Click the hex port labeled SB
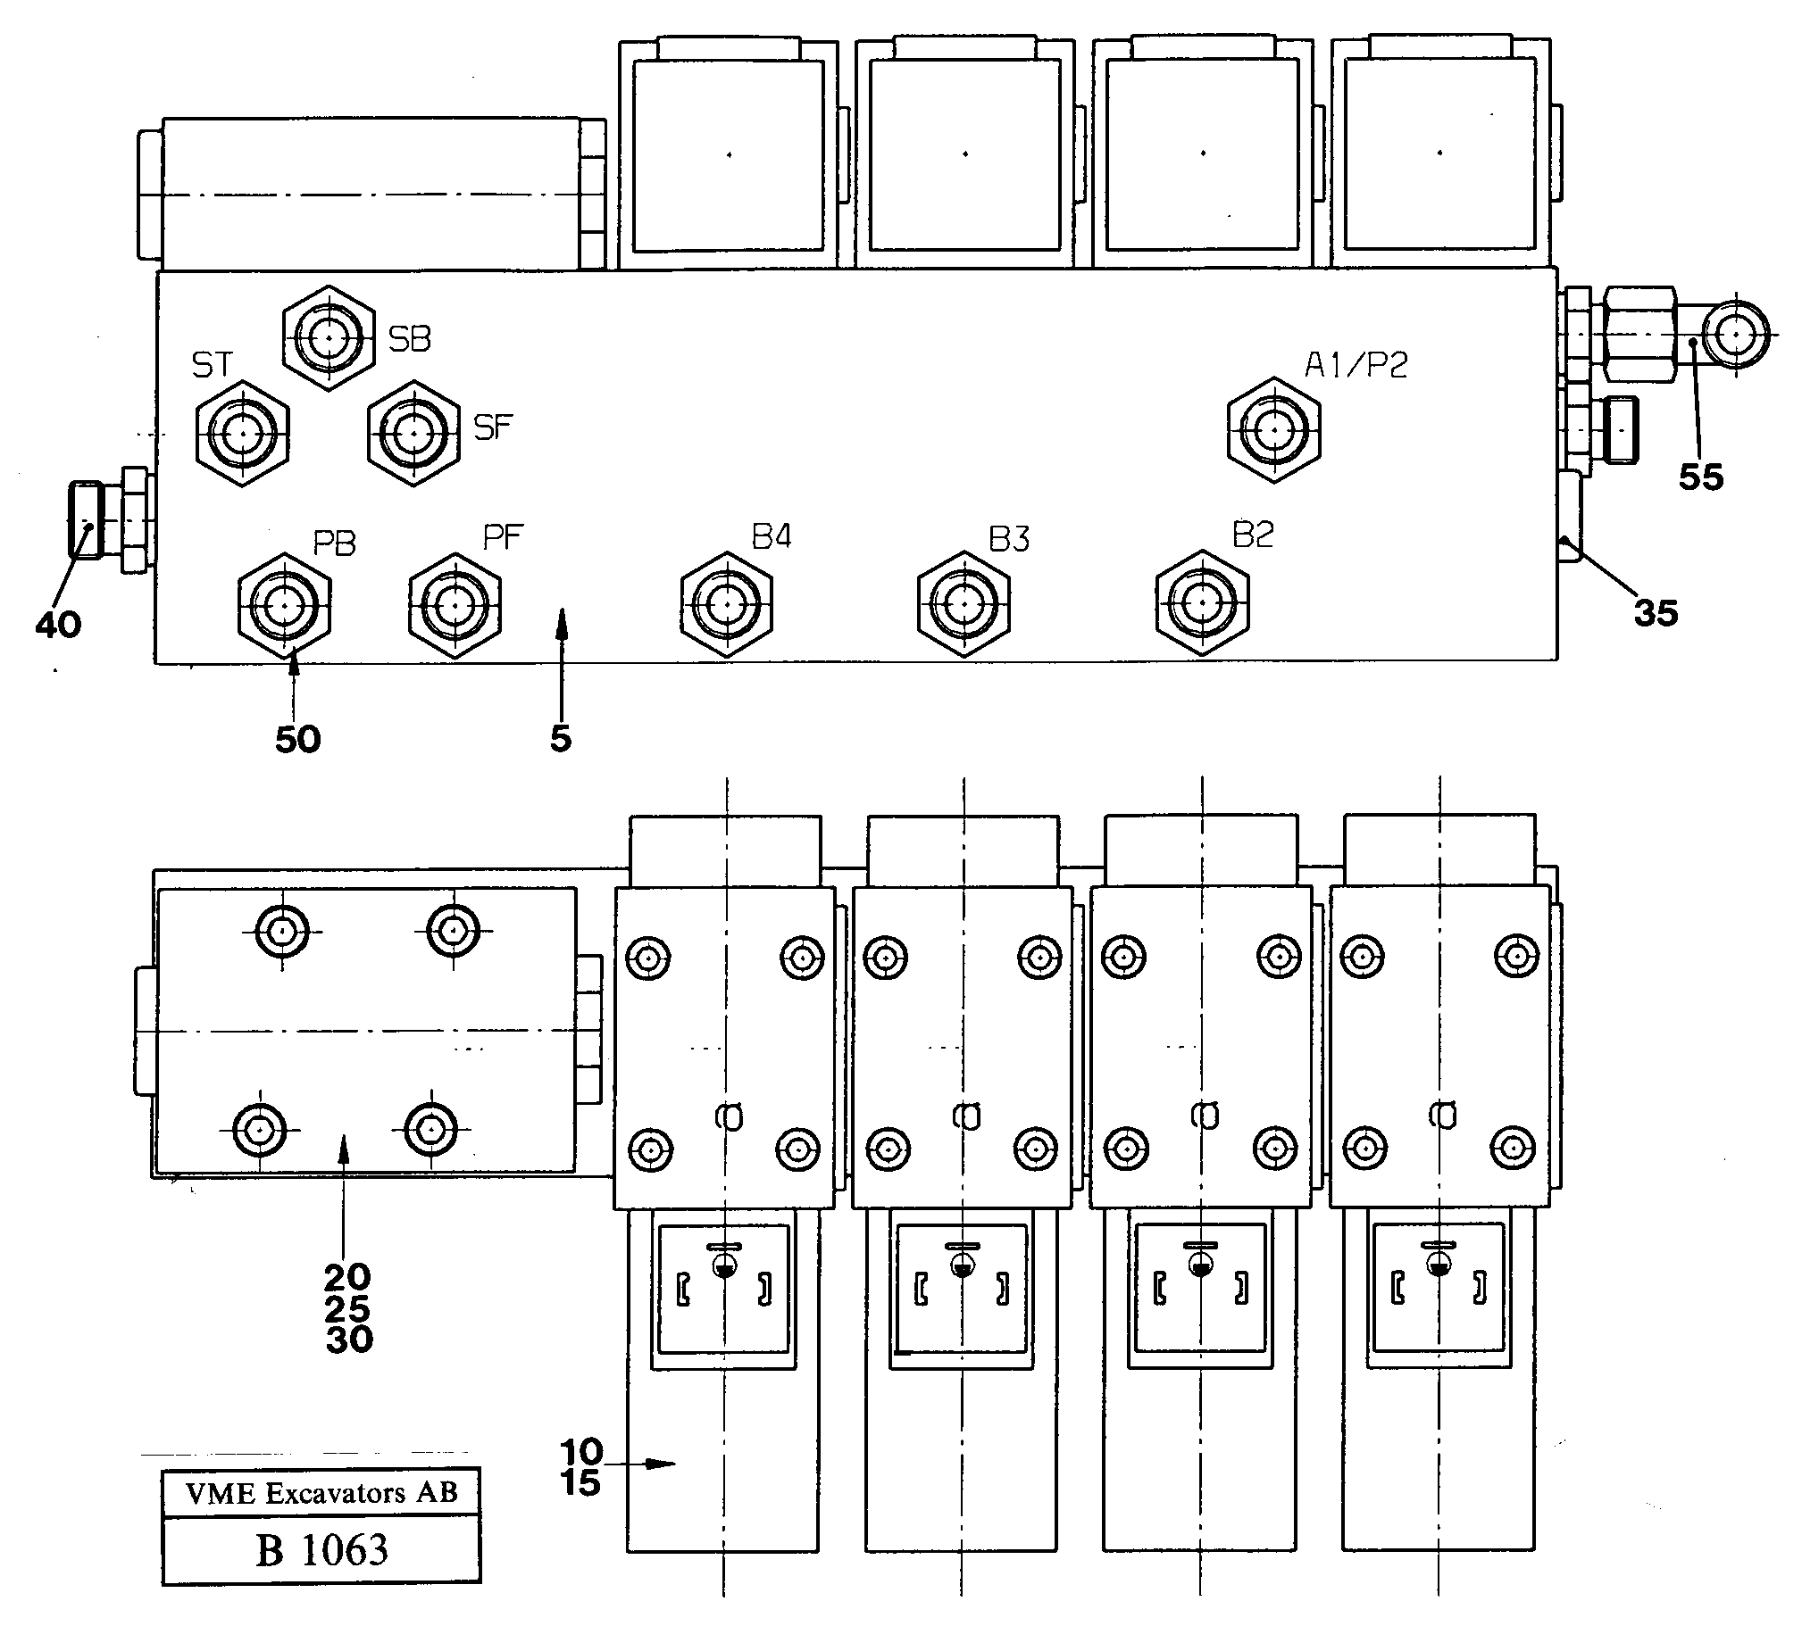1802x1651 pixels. pos(328,337)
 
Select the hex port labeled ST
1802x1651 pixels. pos(241,435)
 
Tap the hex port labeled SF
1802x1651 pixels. pos(412,434)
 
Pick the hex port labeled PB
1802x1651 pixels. pos(284,605)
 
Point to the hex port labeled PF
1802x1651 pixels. pos(455,605)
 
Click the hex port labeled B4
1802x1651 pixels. pos(726,604)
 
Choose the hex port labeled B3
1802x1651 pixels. pos(964,604)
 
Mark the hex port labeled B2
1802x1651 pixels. pos(1201,603)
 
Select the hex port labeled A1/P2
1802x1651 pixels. pos(1273,430)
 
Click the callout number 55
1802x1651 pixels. pos(1700,477)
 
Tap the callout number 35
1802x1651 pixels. pos(1656,613)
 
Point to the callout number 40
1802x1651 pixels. pos(58,625)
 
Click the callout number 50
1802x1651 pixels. pos(297,739)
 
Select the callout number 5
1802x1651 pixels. pos(561,738)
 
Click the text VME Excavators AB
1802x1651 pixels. pos(321,1493)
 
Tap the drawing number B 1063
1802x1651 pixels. pos(321,1550)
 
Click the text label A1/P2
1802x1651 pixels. pos(1356,364)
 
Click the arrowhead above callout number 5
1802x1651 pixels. pos(562,618)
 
